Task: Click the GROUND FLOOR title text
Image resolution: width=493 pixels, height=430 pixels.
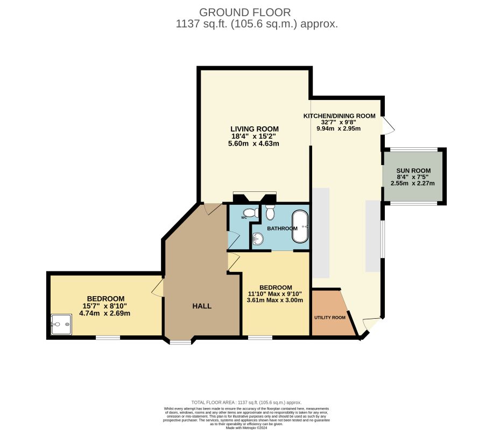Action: pyautogui.click(x=245, y=12)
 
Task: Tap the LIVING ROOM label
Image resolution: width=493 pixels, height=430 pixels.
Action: pyautogui.click(x=255, y=129)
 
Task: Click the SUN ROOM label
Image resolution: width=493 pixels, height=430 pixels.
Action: pyautogui.click(x=413, y=170)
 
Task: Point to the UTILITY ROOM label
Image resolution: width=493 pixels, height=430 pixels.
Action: pyautogui.click(x=329, y=318)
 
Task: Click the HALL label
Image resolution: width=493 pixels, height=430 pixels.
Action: pyautogui.click(x=202, y=306)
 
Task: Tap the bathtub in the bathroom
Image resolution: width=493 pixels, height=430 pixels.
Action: pyautogui.click(x=300, y=227)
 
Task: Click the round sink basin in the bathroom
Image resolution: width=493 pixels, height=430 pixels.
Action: pyautogui.click(x=258, y=239)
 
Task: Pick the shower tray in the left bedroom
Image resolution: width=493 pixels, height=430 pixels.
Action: pyautogui.click(x=60, y=324)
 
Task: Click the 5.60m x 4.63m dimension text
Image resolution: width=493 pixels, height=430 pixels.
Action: pyautogui.click(x=255, y=144)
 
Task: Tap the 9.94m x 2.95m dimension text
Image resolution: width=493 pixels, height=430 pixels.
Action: pyautogui.click(x=339, y=128)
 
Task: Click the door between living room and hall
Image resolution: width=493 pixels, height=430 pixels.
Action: pyautogui.click(x=212, y=209)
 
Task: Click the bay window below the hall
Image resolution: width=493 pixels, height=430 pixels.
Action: pyautogui.click(x=180, y=341)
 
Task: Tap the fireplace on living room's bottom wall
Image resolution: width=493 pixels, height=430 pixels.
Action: pyautogui.click(x=254, y=197)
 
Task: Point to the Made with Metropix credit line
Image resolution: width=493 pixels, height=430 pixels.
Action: pyautogui.click(x=246, y=427)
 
